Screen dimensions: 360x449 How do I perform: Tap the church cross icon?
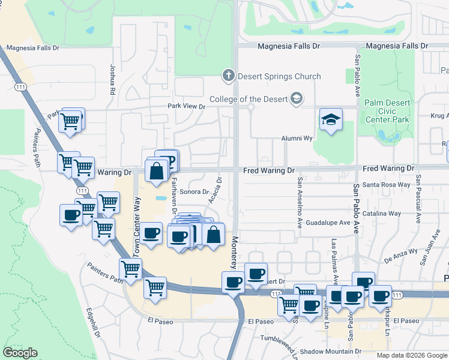pos(228,76)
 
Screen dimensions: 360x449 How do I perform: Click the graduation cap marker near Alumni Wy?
pos(331,121)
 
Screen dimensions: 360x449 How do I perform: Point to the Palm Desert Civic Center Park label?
pos(388,111)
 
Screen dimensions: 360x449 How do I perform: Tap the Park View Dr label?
pos(186,107)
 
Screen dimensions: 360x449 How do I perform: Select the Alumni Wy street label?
pos(298,138)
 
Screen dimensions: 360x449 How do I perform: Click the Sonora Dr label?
pos(193,192)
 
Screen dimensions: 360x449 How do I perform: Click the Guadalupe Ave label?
pos(328,223)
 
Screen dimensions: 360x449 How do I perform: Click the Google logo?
pos(20,353)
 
